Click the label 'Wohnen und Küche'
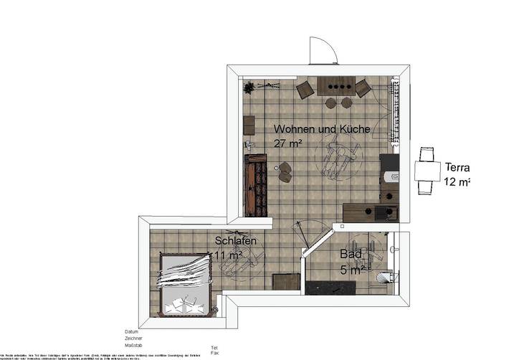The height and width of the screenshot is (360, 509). tap(322, 130)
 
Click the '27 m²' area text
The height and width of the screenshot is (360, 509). tap(287, 143)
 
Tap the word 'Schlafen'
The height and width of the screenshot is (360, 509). tap(236, 242)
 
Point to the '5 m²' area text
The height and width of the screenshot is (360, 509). tap(352, 270)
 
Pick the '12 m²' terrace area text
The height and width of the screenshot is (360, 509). tap(457, 181)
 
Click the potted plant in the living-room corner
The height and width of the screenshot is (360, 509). tap(249, 87)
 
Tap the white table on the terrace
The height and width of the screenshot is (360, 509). tap(427, 170)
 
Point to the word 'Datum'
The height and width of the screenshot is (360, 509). tap(131, 332)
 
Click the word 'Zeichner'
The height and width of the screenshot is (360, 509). tap(133, 338)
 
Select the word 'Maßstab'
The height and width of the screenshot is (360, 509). tap(133, 345)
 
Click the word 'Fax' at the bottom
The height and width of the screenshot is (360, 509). tap(214, 353)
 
